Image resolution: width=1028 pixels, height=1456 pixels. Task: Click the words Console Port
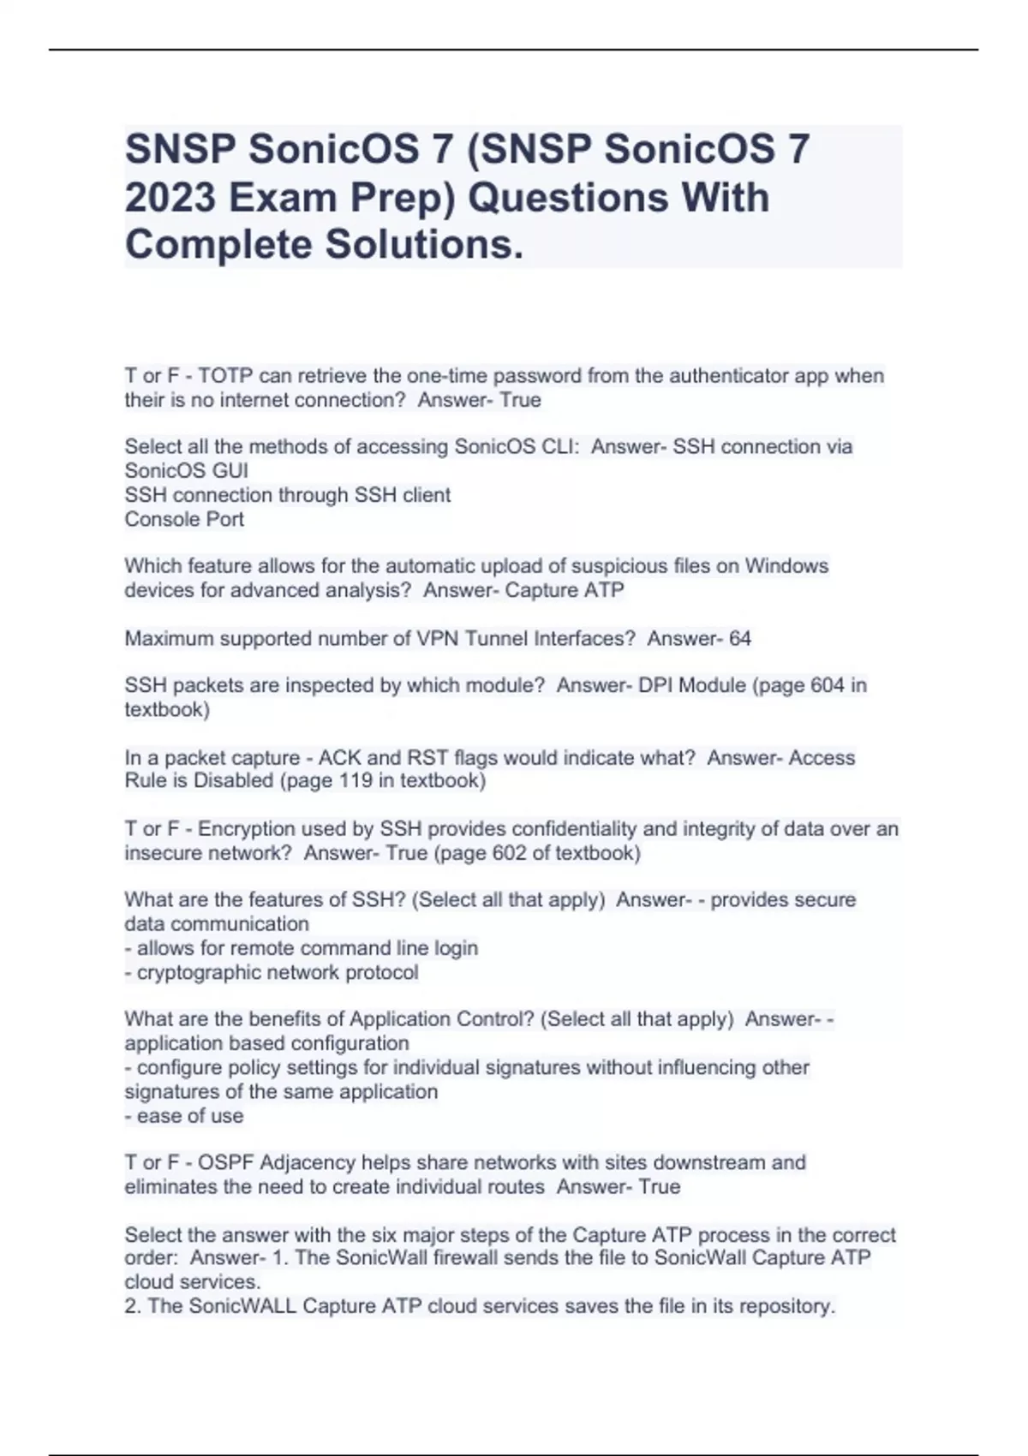pos(184,519)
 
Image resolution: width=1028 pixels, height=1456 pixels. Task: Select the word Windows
pos(786,566)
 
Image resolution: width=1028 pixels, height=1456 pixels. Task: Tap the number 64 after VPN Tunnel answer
pos(739,638)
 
